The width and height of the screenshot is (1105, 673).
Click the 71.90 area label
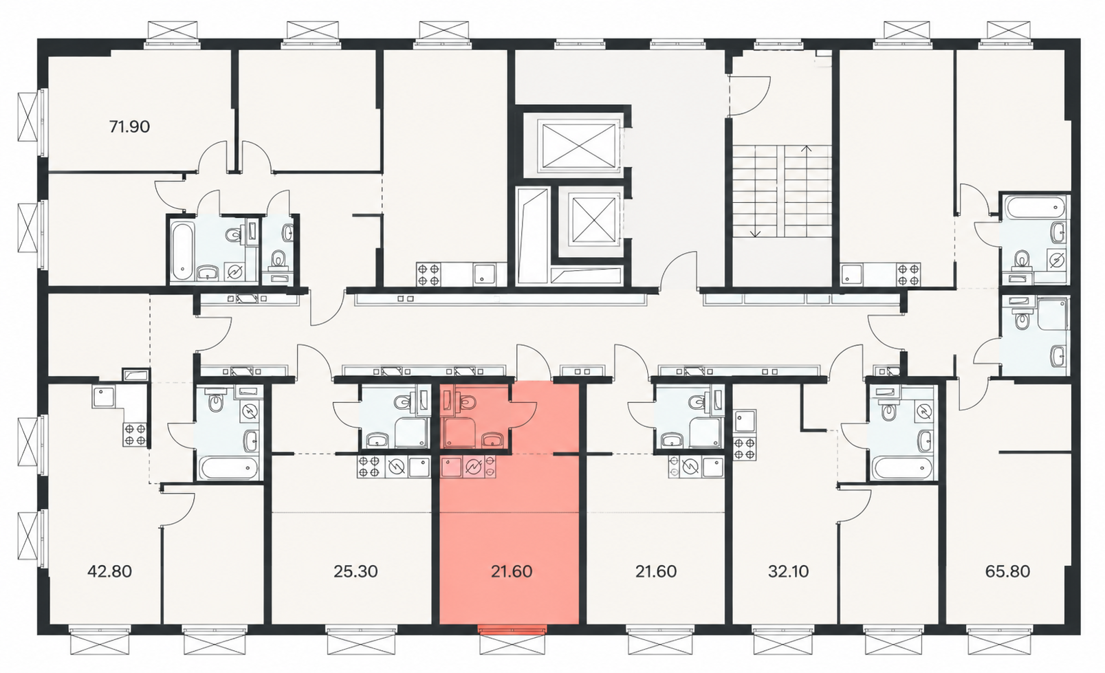tap(129, 126)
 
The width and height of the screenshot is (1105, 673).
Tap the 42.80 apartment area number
tap(109, 571)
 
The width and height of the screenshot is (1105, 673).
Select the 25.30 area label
tap(355, 571)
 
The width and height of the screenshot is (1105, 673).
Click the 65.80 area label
tap(1008, 571)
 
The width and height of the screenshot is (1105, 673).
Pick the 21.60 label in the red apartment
tap(512, 571)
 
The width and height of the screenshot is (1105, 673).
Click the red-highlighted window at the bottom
tap(512, 628)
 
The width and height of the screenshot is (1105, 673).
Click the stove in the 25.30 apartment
tap(369, 467)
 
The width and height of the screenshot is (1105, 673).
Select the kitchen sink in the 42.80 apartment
tap(104, 396)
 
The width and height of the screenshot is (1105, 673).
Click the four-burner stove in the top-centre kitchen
tap(428, 274)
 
